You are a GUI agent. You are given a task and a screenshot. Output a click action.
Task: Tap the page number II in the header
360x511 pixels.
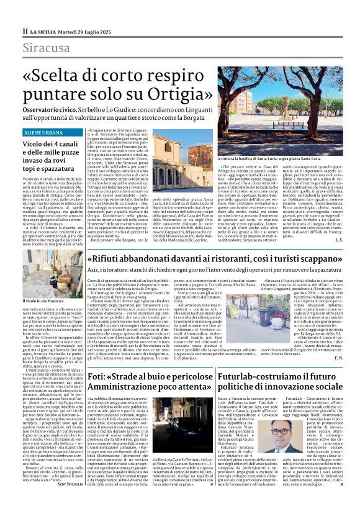pos(25,30)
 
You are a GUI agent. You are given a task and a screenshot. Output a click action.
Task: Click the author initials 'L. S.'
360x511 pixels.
pos(336,239)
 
